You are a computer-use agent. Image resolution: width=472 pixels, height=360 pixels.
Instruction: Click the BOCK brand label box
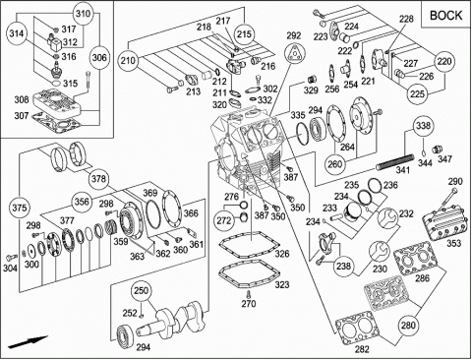click(445, 14)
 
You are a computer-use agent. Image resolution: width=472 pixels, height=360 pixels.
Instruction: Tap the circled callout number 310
click(83, 14)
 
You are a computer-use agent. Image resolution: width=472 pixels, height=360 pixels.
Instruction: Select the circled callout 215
click(245, 33)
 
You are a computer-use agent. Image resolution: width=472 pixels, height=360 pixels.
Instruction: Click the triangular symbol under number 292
click(295, 53)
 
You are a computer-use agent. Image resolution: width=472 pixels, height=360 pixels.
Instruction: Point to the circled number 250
click(141, 290)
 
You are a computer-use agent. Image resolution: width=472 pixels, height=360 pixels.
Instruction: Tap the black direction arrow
click(28, 341)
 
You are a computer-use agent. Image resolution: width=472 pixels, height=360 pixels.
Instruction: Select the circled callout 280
click(408, 326)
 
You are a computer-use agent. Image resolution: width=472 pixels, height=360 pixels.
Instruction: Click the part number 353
click(453, 243)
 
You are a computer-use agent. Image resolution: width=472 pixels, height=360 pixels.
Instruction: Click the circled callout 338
click(423, 125)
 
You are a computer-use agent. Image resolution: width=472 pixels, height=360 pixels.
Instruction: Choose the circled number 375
click(20, 208)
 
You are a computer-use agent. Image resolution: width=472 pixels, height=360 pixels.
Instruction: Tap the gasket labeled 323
click(250, 274)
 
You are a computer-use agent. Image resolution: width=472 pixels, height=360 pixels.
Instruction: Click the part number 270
click(249, 304)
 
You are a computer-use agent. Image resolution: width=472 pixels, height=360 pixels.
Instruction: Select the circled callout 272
click(224, 220)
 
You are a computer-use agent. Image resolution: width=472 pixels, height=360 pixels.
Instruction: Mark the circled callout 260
click(334, 164)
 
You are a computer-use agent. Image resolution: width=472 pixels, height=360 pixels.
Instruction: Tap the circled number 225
click(417, 94)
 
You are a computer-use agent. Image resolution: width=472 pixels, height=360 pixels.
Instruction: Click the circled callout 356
click(82, 201)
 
